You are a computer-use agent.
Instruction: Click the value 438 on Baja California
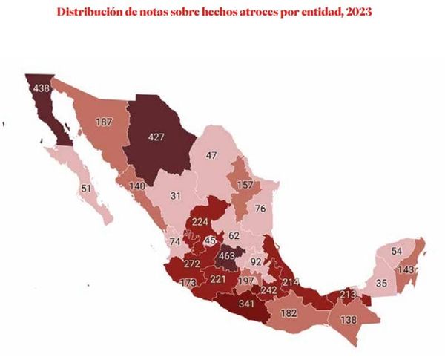(40, 89)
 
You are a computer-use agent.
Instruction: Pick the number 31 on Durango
(175, 195)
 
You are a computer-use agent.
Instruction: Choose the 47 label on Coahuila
(211, 155)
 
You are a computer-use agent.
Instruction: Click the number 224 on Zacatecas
(199, 220)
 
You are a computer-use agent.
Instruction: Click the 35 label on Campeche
(381, 283)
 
